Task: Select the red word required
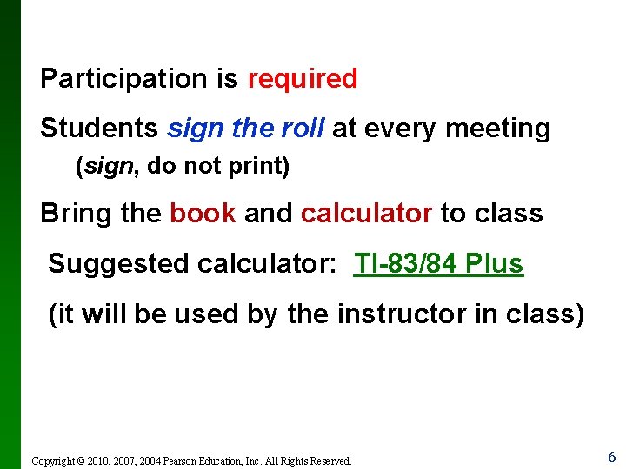click(303, 79)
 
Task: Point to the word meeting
click(497, 129)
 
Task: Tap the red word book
click(203, 213)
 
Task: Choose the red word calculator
click(366, 213)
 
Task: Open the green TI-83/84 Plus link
click(438, 263)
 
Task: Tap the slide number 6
click(611, 457)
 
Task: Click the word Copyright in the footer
click(55, 461)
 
